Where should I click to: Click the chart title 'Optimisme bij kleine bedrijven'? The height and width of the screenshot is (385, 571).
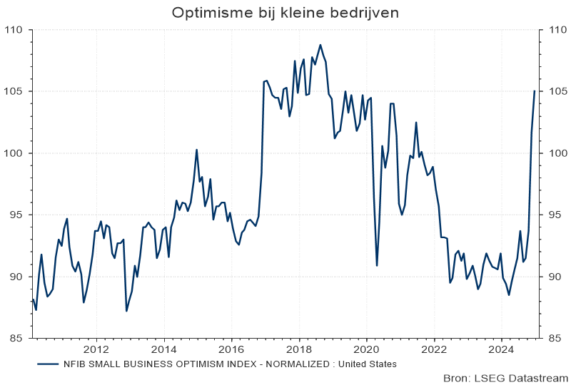285,13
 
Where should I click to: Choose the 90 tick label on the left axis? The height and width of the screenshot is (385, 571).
16,277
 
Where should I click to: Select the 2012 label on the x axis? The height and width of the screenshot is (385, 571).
96,349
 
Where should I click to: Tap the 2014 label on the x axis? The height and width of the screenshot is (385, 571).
164,349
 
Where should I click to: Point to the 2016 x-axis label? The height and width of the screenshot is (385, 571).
231,349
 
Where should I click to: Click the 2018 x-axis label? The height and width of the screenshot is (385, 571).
299,349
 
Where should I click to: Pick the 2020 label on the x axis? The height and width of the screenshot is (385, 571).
367,349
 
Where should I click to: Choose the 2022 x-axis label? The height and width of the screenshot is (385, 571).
434,349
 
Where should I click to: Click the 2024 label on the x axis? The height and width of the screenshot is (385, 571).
501,349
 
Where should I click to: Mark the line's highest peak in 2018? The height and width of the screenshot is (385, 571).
320,45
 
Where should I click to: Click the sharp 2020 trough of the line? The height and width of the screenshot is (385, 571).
377,265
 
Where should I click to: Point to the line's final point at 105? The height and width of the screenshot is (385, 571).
535,91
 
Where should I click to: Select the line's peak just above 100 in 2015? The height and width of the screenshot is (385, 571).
197,150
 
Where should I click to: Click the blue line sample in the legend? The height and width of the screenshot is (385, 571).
48,364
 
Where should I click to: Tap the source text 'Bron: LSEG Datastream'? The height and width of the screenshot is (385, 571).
505,377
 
